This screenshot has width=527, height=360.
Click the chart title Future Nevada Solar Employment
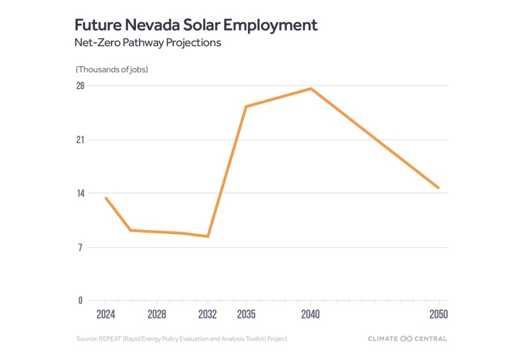click(x=196, y=25)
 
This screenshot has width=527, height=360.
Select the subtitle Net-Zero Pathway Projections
click(x=147, y=44)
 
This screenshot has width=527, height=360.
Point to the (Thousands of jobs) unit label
click(x=112, y=69)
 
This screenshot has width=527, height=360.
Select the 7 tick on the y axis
click(x=80, y=247)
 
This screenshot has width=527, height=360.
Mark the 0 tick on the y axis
click(x=80, y=301)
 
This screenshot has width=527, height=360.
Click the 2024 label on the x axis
click(x=105, y=314)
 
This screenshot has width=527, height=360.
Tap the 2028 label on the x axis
click(x=156, y=314)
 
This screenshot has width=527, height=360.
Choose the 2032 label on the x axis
click(x=207, y=314)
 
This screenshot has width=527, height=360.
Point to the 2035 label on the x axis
click(x=246, y=314)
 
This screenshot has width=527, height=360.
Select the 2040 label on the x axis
click(x=310, y=314)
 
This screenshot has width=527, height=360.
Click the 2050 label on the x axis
click(x=438, y=314)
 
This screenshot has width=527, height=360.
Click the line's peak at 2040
click(x=311, y=89)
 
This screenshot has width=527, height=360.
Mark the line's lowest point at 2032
click(x=208, y=237)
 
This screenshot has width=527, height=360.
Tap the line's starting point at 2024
click(x=105, y=197)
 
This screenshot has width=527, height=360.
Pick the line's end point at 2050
click(x=439, y=188)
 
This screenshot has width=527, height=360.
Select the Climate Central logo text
click(x=407, y=339)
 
